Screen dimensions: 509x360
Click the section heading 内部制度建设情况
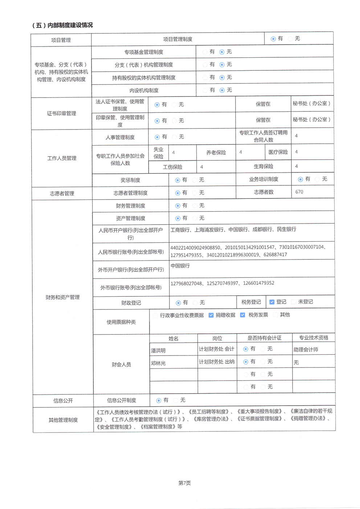tap(62, 25)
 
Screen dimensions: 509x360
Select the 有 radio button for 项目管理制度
tap(273, 39)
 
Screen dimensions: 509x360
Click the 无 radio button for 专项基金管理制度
tap(222, 52)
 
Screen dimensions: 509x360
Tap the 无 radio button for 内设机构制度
tap(222, 90)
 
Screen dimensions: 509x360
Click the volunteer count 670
tap(299, 192)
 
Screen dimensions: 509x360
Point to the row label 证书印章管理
tap(61, 114)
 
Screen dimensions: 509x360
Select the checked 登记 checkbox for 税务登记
tap(272, 302)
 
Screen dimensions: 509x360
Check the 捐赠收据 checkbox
tap(211, 315)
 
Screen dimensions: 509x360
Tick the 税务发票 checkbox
tap(242, 315)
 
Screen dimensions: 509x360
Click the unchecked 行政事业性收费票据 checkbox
tap(155, 315)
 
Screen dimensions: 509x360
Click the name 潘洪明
tap(158, 350)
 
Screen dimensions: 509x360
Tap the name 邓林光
tap(158, 363)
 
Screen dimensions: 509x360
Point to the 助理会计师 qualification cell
tap(306, 349)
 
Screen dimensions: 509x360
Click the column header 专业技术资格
tap(314, 338)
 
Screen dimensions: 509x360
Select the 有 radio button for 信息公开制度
tap(159, 401)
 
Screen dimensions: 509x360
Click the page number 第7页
tap(184, 483)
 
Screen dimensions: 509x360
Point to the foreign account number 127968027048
tap(186, 283)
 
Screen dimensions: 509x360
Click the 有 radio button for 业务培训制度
tap(300, 179)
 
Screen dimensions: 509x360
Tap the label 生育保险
tap(263, 167)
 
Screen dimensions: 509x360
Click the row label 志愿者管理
tap(62, 193)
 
